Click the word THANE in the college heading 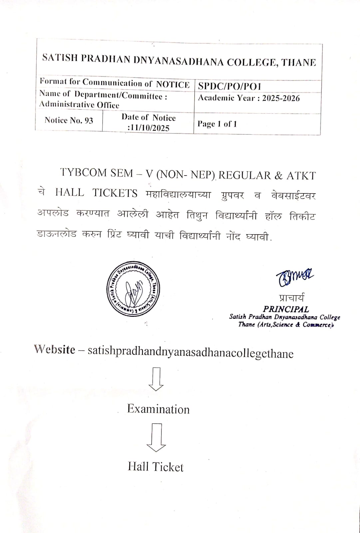tap(299, 62)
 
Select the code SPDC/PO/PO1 tap(229, 86)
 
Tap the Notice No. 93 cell tap(69, 120)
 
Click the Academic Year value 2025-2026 tap(281, 98)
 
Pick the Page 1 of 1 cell tap(217, 124)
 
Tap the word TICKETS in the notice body tap(115, 193)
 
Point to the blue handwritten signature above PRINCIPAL tap(294, 275)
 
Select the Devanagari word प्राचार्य tap(291, 298)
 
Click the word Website tap(55, 349)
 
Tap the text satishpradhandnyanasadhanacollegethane tap(190, 352)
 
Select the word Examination tap(158, 409)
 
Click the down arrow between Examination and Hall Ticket tap(156, 437)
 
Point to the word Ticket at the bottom tap(168, 467)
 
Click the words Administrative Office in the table tap(79, 105)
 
